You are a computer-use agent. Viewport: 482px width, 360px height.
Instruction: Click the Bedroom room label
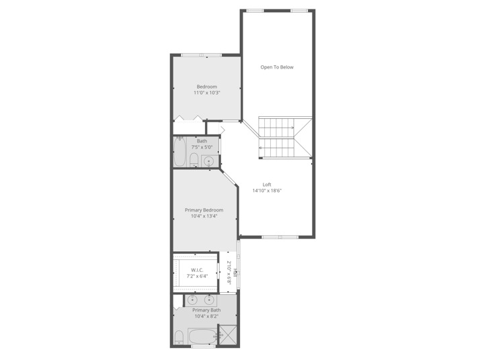[206, 87]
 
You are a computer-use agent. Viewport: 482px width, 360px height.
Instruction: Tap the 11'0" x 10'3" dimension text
[206, 93]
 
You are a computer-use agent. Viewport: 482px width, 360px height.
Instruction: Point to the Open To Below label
[277, 67]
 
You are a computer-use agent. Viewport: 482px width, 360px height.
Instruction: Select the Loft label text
[267, 185]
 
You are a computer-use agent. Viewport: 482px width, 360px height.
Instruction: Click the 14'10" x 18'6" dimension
[267, 191]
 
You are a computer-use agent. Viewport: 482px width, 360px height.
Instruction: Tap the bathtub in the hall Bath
[179, 152]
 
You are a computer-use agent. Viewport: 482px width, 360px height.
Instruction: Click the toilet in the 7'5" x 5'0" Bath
[194, 159]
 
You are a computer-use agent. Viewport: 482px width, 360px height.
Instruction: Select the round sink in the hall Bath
[209, 161]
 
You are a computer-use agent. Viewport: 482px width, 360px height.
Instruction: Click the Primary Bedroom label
[204, 210]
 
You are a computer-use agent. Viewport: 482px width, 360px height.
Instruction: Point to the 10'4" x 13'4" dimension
[204, 216]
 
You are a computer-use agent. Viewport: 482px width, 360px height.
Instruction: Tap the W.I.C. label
[197, 270]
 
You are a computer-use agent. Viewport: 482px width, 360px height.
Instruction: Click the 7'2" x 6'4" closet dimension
[197, 276]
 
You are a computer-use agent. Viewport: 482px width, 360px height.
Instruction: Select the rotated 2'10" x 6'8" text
[229, 273]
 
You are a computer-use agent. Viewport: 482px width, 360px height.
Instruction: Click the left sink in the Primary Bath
[193, 300]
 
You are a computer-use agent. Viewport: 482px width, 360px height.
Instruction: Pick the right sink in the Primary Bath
[209, 300]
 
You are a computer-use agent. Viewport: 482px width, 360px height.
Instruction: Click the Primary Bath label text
[206, 310]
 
